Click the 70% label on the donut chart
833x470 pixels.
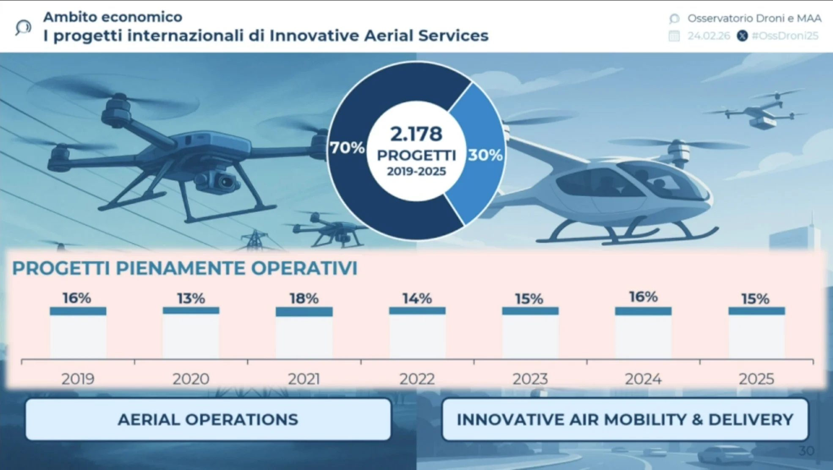pyautogui.click(x=347, y=148)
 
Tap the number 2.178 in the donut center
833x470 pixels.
pyautogui.click(x=416, y=134)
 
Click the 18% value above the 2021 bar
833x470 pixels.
pyautogui.click(x=304, y=298)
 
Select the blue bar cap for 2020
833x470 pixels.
pyautogui.click(x=191, y=311)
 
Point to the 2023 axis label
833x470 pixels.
pyautogui.click(x=530, y=379)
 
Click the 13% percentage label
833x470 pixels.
pyautogui.click(x=191, y=298)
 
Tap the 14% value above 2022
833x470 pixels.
pyautogui.click(x=417, y=299)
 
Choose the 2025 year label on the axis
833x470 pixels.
pyautogui.click(x=756, y=379)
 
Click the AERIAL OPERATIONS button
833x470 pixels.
pyautogui.click(x=208, y=420)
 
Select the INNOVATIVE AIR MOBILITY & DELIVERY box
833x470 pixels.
pyautogui.click(x=625, y=420)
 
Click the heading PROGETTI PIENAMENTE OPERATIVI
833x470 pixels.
pyautogui.click(x=185, y=268)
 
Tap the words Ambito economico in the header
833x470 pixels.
pyautogui.click(x=113, y=17)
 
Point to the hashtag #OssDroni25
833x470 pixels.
pyautogui.click(x=785, y=36)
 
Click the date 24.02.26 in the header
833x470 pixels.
pyautogui.click(x=709, y=36)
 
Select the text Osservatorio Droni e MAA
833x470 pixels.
pyautogui.click(x=754, y=18)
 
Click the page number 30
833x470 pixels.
pyautogui.click(x=806, y=451)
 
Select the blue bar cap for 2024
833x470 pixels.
pyautogui.click(x=643, y=311)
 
